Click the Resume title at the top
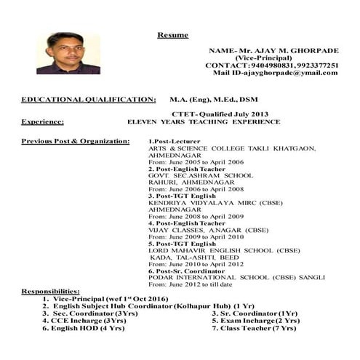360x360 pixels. pyautogui.click(x=172, y=35)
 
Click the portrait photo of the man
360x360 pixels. pyautogui.click(x=68, y=53)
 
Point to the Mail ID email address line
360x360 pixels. pyautogui.click(x=276, y=73)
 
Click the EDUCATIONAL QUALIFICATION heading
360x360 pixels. pyautogui.click(x=89, y=98)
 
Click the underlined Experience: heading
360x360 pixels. pyautogui.click(x=42, y=122)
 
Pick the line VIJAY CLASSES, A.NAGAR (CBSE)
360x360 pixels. pyautogui.click(x=208, y=230)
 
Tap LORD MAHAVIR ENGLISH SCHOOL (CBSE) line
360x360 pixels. pyautogui.click(x=224, y=250)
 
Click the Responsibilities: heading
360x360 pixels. pyautogui.click(x=50, y=292)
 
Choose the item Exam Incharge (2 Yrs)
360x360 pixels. pyautogui.click(x=255, y=320)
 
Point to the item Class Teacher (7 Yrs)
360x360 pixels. pyautogui.click(x=254, y=328)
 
